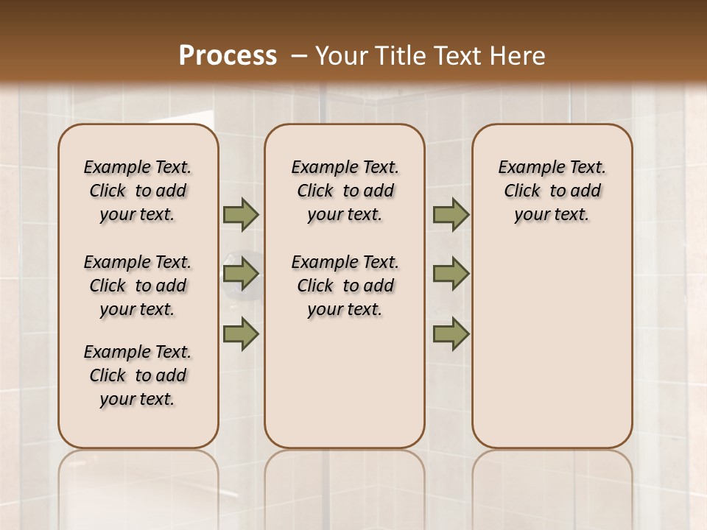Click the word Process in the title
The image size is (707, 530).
228,56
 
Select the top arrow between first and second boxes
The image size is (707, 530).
241,214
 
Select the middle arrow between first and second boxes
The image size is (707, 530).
241,274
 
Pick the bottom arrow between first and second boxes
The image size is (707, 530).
241,333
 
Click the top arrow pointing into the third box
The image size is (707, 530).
451,214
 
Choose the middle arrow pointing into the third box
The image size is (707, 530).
451,274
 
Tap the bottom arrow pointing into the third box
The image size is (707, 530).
451,333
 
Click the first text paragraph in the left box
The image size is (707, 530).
138,191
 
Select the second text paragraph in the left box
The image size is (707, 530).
138,286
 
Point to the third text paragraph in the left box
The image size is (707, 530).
138,375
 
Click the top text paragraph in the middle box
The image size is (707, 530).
345,191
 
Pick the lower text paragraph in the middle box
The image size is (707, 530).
345,286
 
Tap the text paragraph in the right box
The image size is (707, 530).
552,191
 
